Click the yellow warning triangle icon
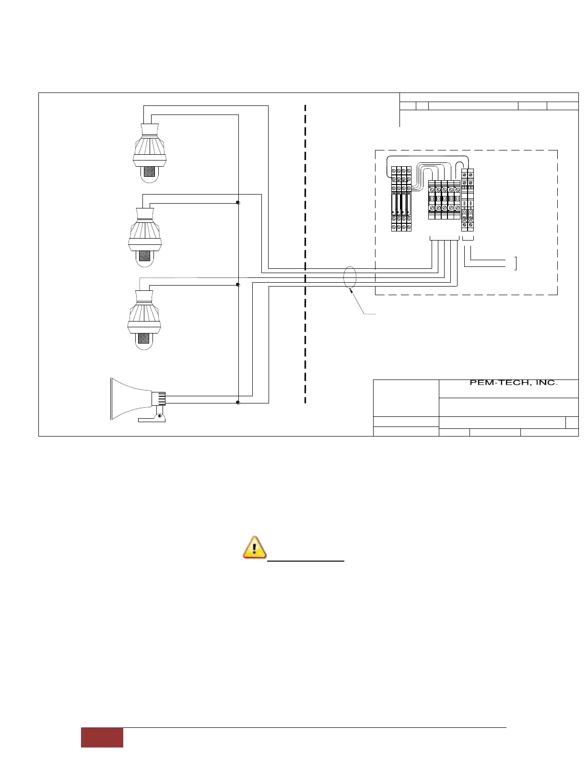click(255, 547)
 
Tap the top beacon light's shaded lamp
click(150, 172)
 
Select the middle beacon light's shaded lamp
click(144, 254)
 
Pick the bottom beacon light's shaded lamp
click(144, 338)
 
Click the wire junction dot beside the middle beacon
click(238, 203)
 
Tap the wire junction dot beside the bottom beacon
click(238, 285)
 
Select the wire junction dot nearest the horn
click(238, 403)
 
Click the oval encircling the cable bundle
click(350, 277)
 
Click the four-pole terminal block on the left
click(401, 199)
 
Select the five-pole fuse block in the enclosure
click(444, 200)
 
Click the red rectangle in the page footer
click(102, 737)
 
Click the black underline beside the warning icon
click(306, 560)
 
